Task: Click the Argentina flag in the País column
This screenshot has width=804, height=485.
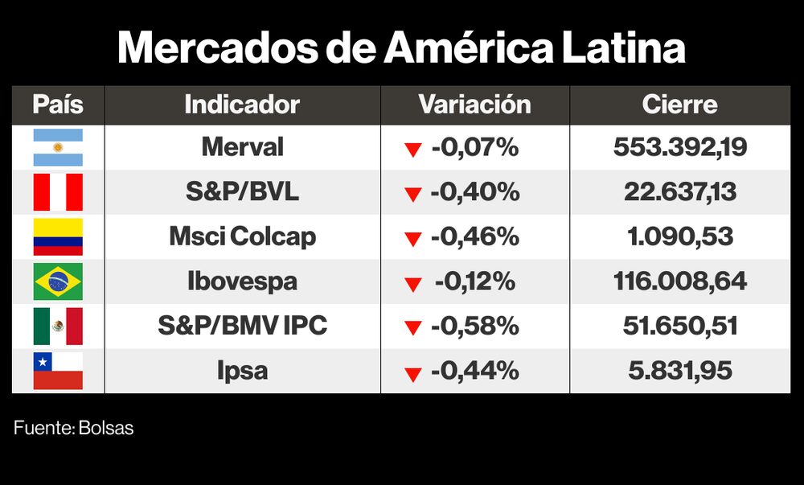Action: (57, 147)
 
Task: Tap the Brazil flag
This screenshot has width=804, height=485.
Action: (57, 282)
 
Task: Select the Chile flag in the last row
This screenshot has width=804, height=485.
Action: (57, 371)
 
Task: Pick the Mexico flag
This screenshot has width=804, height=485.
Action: (57, 326)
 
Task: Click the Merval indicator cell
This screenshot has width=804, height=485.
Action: (242, 147)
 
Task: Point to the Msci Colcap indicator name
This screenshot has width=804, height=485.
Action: (242, 236)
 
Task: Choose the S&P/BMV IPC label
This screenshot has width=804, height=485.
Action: (242, 326)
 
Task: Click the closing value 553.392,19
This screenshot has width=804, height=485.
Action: (679, 147)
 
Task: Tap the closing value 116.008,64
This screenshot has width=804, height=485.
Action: (679, 282)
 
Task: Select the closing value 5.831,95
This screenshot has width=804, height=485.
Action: (679, 371)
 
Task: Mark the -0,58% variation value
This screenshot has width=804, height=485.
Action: (474, 327)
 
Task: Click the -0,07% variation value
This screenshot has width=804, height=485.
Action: (474, 148)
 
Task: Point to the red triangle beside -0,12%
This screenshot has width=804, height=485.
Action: (413, 284)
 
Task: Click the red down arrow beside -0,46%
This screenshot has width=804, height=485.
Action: (413, 239)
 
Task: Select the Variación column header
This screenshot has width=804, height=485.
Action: (474, 105)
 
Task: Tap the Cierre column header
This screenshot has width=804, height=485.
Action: (679, 105)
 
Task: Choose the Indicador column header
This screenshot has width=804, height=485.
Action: (242, 105)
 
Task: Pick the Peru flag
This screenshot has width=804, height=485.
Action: (57, 192)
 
